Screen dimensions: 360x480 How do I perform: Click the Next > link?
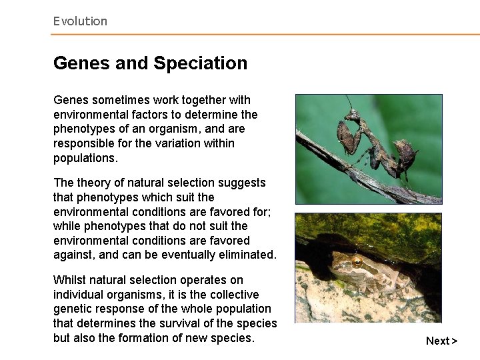click(x=441, y=341)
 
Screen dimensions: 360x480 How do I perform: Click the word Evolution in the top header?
click(x=80, y=21)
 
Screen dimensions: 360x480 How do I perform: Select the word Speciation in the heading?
click(x=201, y=63)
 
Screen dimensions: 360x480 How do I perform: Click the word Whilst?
click(x=70, y=280)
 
